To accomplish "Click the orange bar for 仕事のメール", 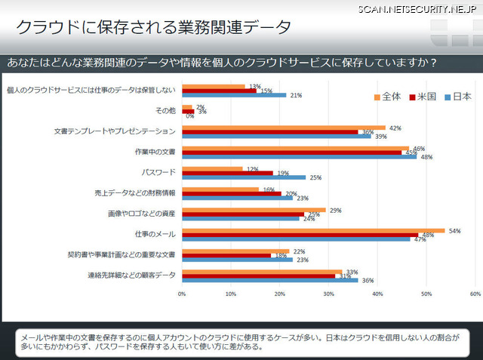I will point(313,230).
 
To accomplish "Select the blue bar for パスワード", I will point(243,177).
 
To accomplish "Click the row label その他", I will point(165,110).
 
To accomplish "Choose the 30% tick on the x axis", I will point(329,293).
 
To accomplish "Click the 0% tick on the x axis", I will point(182,293).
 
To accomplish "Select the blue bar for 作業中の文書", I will point(299,156).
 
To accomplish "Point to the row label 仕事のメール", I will point(156,235).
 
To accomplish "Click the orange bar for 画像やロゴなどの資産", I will point(254,210).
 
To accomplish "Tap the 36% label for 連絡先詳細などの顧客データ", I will point(368,281).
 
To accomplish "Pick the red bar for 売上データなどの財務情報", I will point(230,193).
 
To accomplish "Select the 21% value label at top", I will point(296,95).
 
